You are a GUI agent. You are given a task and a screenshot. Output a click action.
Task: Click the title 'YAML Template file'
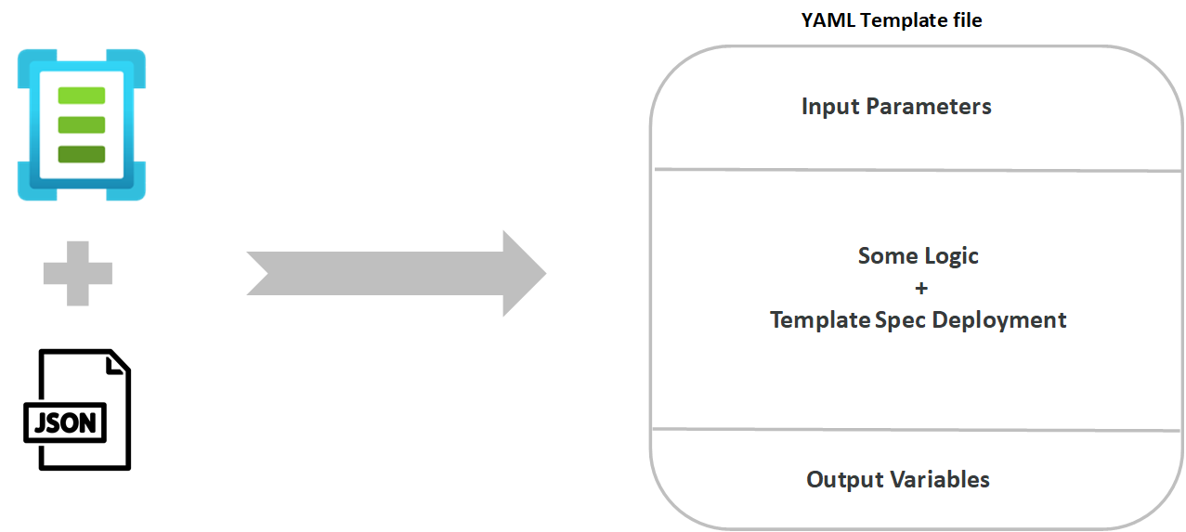click(x=891, y=20)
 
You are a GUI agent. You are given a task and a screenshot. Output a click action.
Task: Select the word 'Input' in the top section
click(x=831, y=107)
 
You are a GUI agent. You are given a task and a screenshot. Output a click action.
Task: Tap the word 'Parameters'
click(x=929, y=107)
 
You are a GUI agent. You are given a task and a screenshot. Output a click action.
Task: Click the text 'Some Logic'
click(x=918, y=255)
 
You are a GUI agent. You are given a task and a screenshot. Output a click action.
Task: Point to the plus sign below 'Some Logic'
click(x=920, y=288)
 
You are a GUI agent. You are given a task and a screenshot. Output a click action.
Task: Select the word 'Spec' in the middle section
click(x=901, y=320)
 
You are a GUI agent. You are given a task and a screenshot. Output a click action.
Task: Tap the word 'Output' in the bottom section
click(x=845, y=480)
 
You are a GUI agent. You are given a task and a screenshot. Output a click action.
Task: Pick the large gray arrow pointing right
click(x=396, y=274)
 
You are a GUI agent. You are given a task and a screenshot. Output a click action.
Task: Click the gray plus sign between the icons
click(x=78, y=273)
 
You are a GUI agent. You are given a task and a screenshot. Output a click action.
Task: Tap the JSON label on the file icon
click(x=65, y=423)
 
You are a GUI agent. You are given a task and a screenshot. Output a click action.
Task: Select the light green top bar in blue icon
click(x=82, y=96)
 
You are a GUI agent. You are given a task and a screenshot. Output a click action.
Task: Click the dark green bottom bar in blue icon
click(x=82, y=154)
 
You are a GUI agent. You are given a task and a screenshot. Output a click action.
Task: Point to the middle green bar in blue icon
click(x=82, y=124)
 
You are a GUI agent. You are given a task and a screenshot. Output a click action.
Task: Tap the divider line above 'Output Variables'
click(x=915, y=430)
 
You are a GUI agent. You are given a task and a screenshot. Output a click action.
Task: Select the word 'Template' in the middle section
click(x=820, y=320)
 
